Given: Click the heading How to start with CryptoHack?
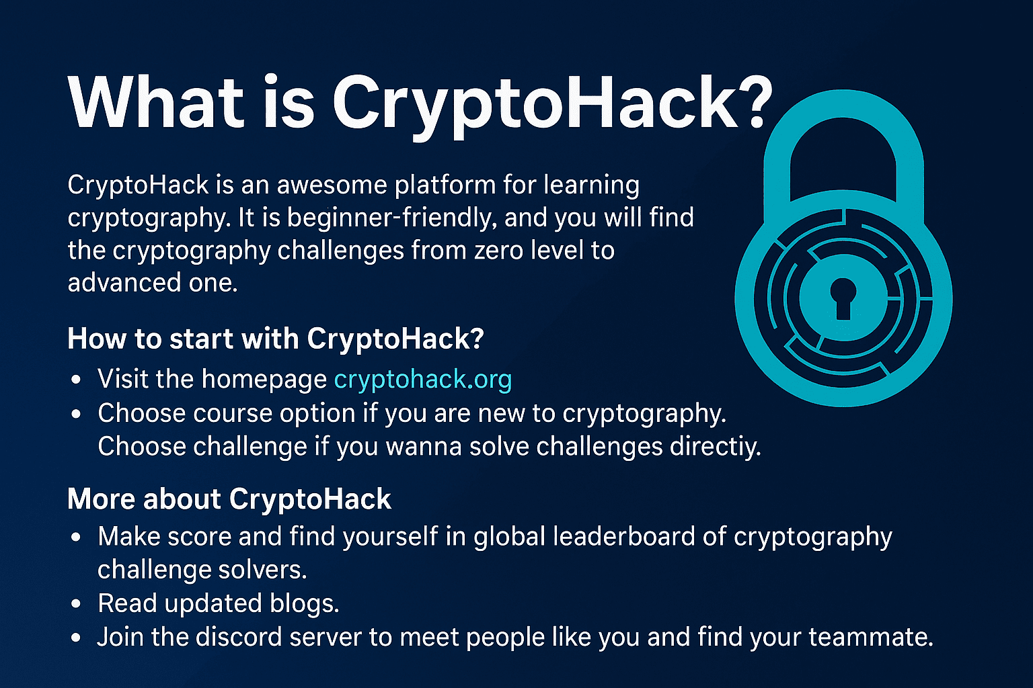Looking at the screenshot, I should tap(276, 339).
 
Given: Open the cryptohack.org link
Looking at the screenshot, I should tap(423, 379).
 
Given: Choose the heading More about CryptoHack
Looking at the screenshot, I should tap(229, 499).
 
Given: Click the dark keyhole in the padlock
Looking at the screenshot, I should tap(843, 298).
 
